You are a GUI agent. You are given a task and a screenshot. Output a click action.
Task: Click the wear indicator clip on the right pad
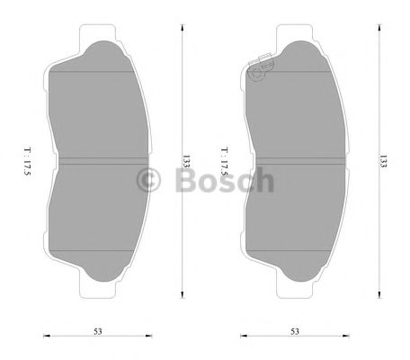click(x=261, y=68)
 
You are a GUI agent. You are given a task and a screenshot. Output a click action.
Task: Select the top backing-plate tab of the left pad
click(x=99, y=36)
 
